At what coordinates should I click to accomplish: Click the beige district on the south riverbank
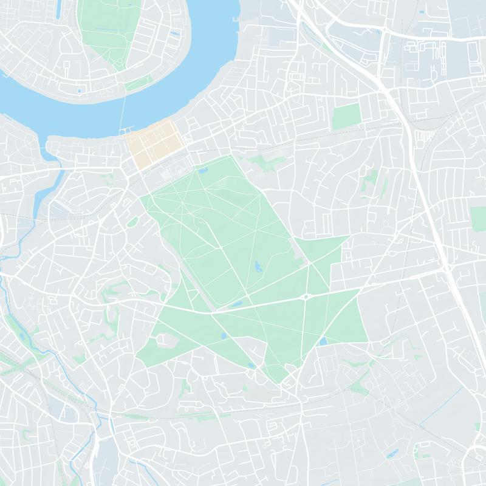point(153,143)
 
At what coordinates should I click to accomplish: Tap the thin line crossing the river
point(125,112)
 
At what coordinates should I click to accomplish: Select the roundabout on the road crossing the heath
point(306,297)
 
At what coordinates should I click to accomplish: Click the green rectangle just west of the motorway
point(347,116)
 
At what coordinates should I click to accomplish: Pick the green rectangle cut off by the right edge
point(479,219)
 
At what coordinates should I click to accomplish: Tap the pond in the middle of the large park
point(258,266)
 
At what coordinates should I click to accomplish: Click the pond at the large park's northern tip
point(202,171)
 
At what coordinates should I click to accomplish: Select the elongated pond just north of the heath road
point(236,304)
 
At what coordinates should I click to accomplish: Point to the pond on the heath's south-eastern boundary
point(323,341)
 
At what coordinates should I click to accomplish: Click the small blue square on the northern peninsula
point(79,91)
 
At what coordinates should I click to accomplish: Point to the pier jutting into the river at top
point(235,19)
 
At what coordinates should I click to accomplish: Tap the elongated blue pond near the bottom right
point(392,453)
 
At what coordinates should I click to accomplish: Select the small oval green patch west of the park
point(132,222)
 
